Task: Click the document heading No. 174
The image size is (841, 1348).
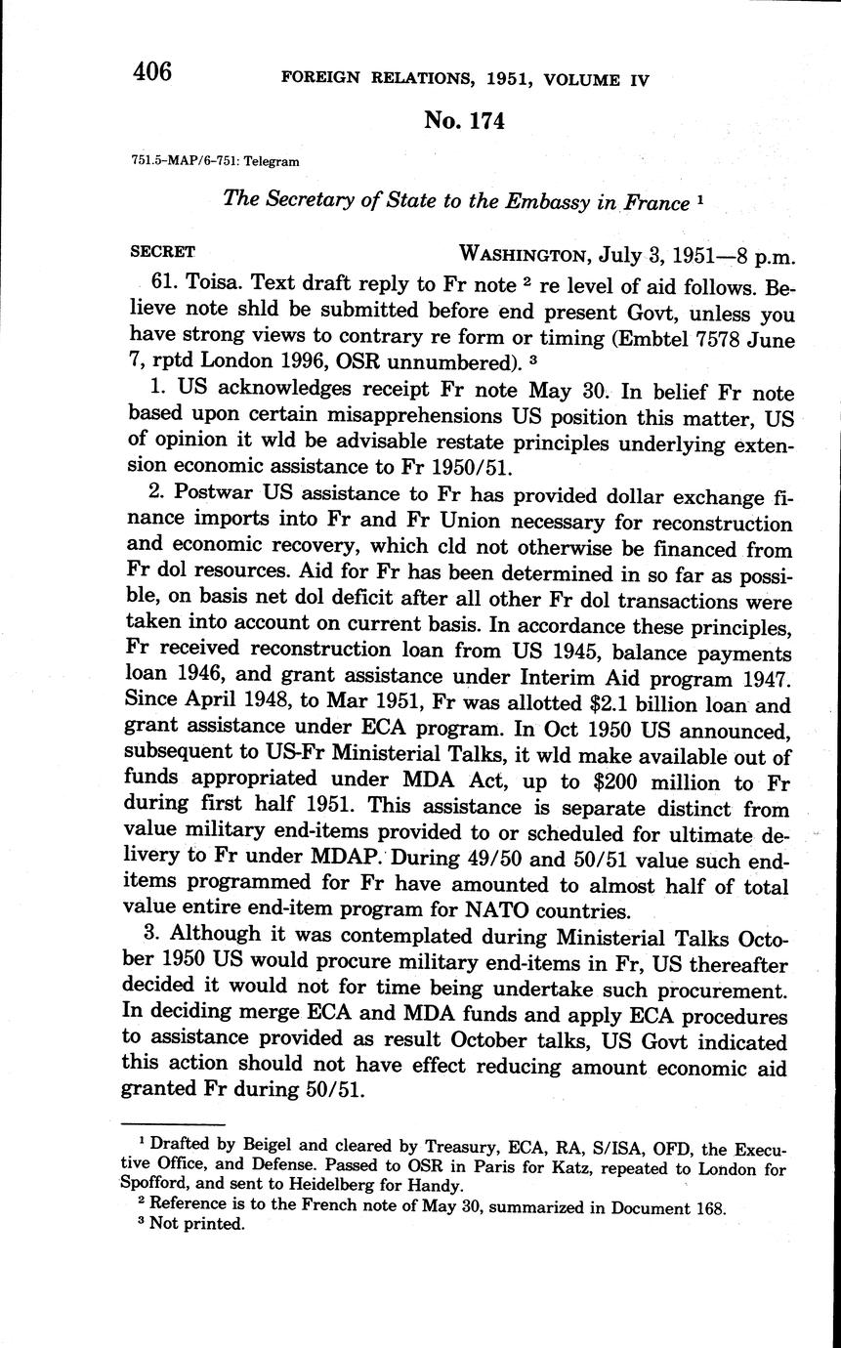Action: [x=465, y=120]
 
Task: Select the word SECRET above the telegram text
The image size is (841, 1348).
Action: [x=162, y=251]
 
